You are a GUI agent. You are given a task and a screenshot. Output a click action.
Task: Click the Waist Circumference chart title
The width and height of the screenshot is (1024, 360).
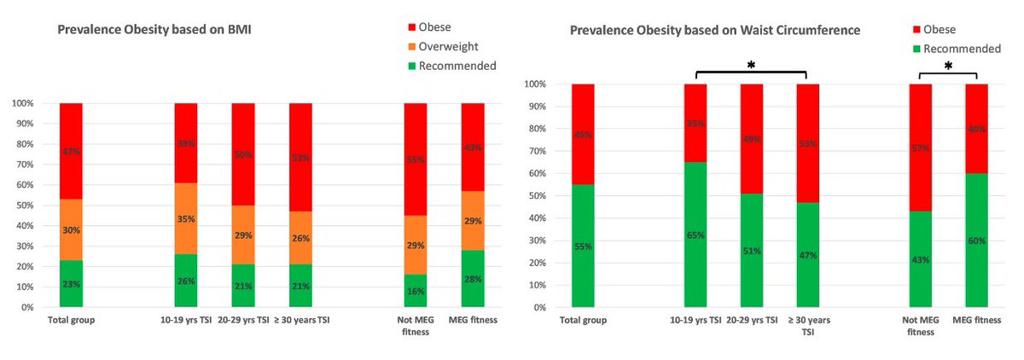715,30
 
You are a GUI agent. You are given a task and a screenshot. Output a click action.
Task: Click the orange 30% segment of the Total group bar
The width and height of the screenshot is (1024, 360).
71,230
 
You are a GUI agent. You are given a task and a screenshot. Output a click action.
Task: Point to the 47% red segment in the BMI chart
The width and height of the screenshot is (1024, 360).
71,151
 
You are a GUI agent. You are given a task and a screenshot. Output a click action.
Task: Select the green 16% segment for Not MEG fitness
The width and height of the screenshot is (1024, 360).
416,290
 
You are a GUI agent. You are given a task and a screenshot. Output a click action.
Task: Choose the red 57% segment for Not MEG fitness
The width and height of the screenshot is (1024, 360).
920,148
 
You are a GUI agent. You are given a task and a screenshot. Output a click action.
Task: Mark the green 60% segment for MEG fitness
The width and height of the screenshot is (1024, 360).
976,241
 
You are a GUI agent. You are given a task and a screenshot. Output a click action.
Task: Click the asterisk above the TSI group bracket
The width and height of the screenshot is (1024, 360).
751,65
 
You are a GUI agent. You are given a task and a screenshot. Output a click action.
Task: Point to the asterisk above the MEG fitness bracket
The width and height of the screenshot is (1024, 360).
947,65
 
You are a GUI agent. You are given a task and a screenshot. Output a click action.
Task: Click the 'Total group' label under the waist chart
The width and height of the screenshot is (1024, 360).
583,322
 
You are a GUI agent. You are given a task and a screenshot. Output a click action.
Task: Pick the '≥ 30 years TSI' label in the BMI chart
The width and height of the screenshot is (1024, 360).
300,322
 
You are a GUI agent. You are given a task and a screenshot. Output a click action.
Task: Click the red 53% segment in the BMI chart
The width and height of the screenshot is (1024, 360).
301,157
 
